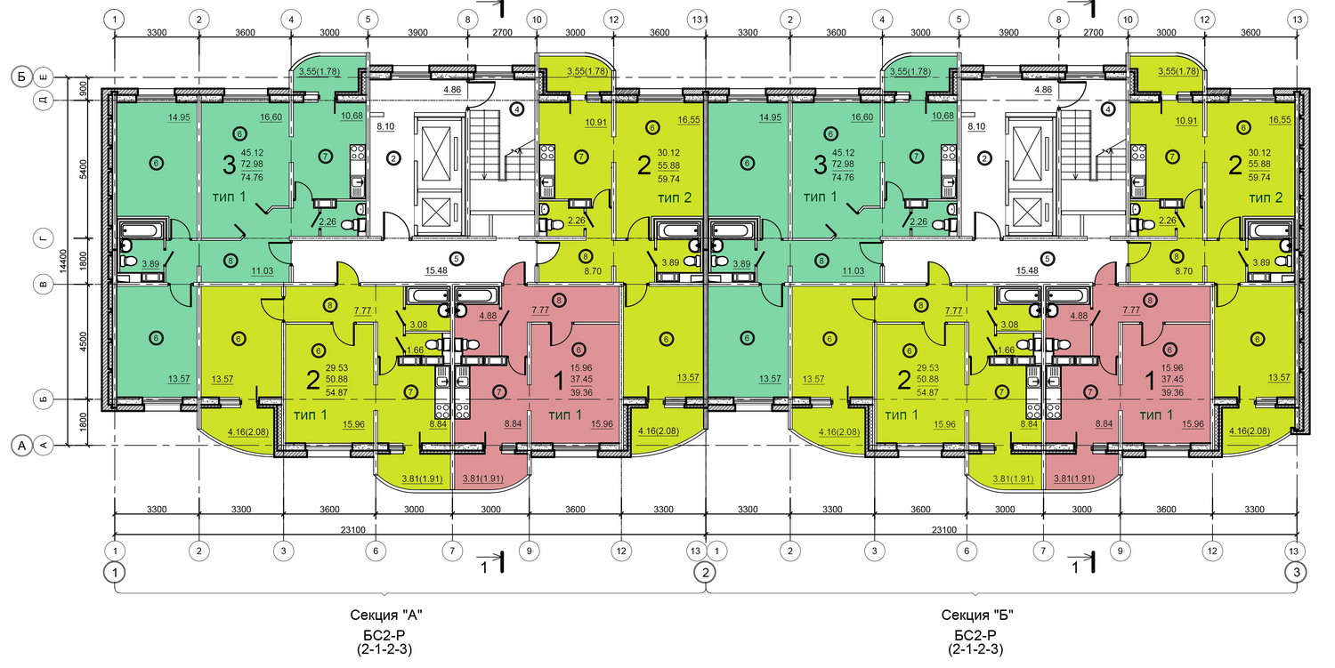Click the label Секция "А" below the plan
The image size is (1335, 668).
point(385,615)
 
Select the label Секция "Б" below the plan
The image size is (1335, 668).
point(977,615)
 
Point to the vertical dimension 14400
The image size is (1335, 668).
point(64,261)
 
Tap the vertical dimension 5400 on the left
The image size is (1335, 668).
point(83,169)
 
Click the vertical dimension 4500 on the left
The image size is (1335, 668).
point(83,342)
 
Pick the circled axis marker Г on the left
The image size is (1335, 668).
point(43,238)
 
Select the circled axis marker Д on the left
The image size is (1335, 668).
point(43,100)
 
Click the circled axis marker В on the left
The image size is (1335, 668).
point(43,285)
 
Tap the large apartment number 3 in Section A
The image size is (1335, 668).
point(229,165)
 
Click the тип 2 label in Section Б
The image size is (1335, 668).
point(1266,197)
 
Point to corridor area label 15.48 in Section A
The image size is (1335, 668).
point(436,270)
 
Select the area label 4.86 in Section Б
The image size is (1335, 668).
point(1043,90)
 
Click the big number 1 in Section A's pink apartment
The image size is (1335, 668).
point(558,380)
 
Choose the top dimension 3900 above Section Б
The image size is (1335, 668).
point(1008,33)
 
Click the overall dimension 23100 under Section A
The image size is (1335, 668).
point(352,530)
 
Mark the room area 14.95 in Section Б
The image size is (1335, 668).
point(770,117)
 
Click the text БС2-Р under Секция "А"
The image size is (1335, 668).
point(385,635)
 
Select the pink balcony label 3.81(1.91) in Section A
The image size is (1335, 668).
point(482,479)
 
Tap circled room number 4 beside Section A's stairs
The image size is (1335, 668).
point(517,109)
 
